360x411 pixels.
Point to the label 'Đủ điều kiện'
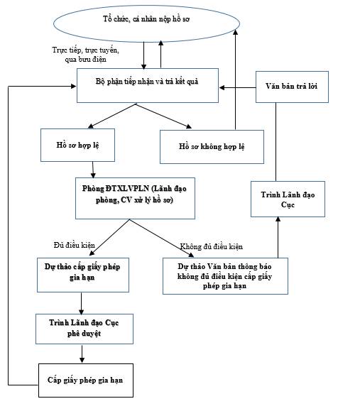(75, 246)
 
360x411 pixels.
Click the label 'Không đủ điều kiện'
(212, 246)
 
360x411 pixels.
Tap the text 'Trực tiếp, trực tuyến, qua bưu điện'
(85, 55)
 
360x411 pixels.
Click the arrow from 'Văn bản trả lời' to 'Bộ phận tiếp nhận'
(237, 87)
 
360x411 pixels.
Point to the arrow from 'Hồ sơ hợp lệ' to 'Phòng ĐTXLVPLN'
(92, 170)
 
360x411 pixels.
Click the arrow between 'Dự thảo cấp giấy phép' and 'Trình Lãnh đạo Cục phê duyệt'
(81, 303)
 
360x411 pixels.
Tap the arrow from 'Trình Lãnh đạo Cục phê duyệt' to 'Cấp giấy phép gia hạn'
(82, 354)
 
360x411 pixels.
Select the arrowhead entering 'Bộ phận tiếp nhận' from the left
(73, 86)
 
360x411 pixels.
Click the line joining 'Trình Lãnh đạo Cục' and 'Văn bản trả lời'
(276, 142)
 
